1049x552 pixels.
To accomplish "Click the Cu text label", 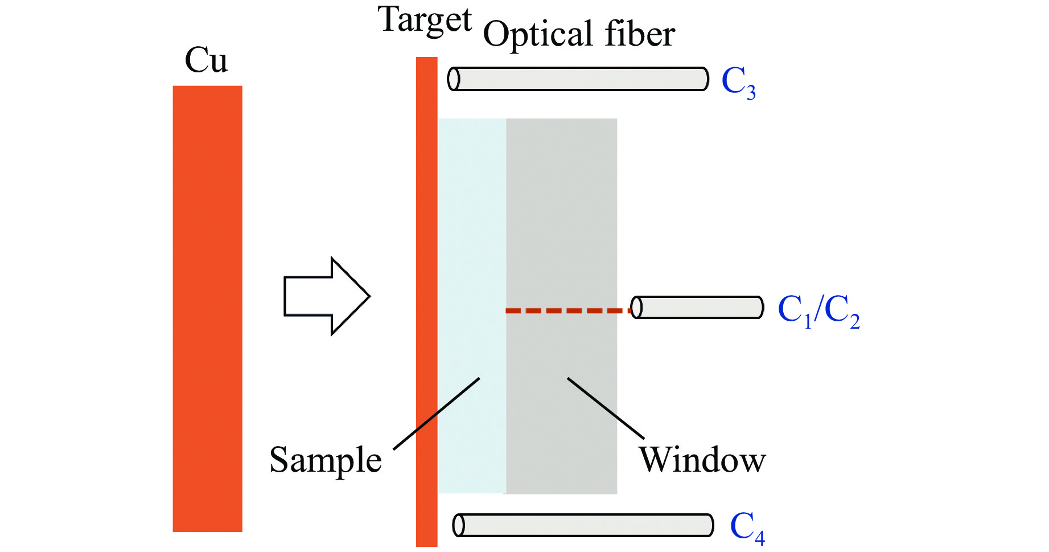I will [206, 60].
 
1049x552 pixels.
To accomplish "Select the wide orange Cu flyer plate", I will [207, 308].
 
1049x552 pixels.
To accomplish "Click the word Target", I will [425, 21].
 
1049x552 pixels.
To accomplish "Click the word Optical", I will [537, 35].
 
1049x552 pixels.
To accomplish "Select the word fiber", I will [639, 34].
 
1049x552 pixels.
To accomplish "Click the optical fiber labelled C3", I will [578, 79].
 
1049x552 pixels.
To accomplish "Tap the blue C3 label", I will [738, 81].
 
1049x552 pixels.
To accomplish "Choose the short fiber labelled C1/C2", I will [697, 307].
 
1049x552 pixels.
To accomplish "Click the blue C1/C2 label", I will [818, 311].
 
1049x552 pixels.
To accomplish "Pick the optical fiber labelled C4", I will [583, 525].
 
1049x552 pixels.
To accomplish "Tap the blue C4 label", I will [747, 527].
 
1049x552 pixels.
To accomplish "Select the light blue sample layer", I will [472, 228].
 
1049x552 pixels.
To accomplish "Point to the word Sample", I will [325, 460].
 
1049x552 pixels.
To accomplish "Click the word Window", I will [702, 460].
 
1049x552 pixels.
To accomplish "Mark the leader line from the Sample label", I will [437, 414].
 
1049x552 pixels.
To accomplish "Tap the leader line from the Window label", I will [606, 408].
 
